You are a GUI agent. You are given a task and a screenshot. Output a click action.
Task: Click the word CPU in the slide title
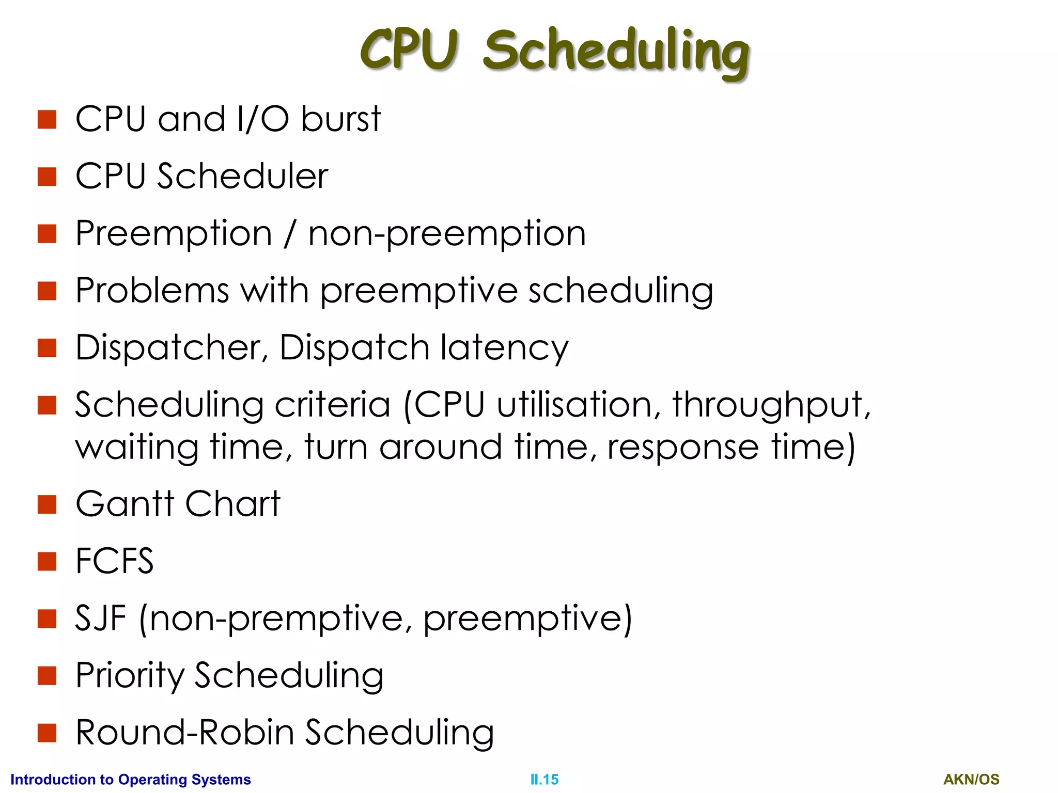(x=409, y=50)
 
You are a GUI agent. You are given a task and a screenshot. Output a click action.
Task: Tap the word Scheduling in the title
(x=616, y=52)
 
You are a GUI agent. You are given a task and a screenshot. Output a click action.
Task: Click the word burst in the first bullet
(x=340, y=119)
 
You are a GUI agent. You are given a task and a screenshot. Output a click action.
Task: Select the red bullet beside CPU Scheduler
(x=47, y=177)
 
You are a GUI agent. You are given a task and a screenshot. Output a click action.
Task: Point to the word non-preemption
(x=447, y=234)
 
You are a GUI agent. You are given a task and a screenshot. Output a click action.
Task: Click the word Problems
(x=152, y=290)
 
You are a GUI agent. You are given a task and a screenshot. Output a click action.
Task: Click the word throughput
(x=771, y=405)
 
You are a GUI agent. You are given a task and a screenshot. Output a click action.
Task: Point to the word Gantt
(x=125, y=504)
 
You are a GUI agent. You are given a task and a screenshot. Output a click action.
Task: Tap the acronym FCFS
(x=115, y=561)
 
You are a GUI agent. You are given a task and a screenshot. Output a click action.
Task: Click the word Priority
(x=129, y=676)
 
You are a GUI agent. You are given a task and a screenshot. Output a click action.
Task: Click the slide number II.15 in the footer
(x=544, y=780)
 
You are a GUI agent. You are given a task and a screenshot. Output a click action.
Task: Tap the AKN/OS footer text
(x=971, y=780)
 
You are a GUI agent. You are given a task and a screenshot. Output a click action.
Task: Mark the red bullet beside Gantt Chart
(x=47, y=504)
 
